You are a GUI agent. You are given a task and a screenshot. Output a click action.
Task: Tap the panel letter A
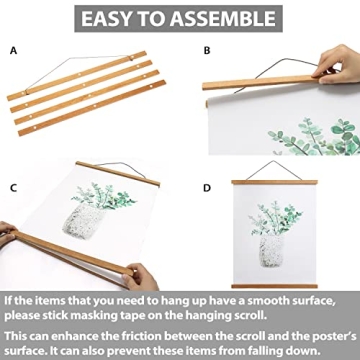tap(13, 48)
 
